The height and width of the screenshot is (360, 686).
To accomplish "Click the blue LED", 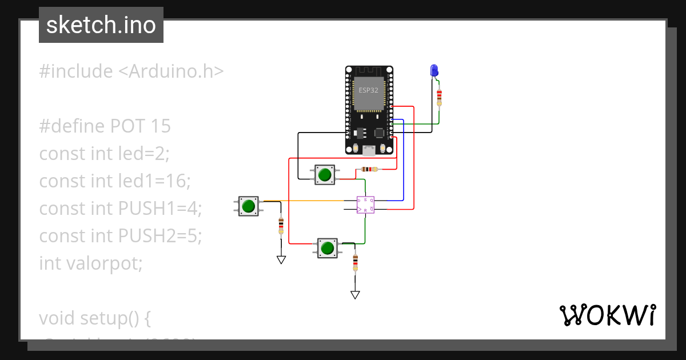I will (x=434, y=71).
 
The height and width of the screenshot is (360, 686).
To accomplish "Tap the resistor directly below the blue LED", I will (x=439, y=97).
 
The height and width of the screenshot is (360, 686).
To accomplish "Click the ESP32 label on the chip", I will (x=368, y=90).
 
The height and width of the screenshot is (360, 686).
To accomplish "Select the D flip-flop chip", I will (x=365, y=205).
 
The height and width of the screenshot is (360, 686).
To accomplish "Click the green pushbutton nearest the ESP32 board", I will (x=325, y=174).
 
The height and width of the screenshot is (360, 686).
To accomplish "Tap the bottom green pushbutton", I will (x=327, y=248).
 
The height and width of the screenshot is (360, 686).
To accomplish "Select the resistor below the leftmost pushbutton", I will (x=281, y=225).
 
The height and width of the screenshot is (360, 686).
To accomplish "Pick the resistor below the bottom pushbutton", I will (x=355, y=262).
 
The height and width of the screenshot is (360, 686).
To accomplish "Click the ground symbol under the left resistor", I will (x=281, y=259).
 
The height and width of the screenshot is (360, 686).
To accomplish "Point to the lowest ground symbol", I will (x=355, y=295).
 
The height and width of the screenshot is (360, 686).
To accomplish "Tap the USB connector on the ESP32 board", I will (x=369, y=150).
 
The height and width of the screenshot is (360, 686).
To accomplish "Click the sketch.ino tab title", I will (x=101, y=25).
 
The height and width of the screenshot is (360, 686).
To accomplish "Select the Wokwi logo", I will (x=607, y=315).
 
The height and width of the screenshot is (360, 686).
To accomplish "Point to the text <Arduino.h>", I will (x=171, y=71).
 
